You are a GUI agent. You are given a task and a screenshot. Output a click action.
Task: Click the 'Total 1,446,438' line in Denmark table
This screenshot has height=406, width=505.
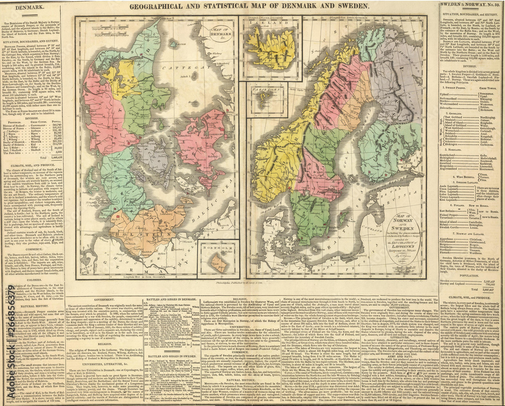click(38, 157)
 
